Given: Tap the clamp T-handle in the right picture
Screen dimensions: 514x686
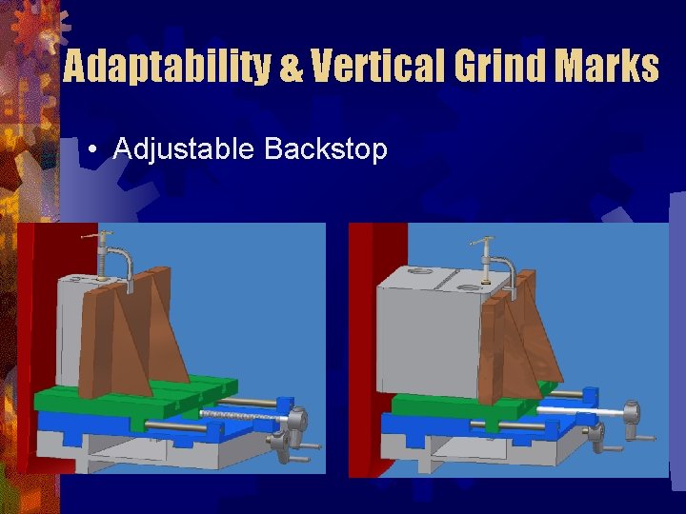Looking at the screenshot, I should (487, 244).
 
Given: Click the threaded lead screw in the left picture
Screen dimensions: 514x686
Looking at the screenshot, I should (238, 415).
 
